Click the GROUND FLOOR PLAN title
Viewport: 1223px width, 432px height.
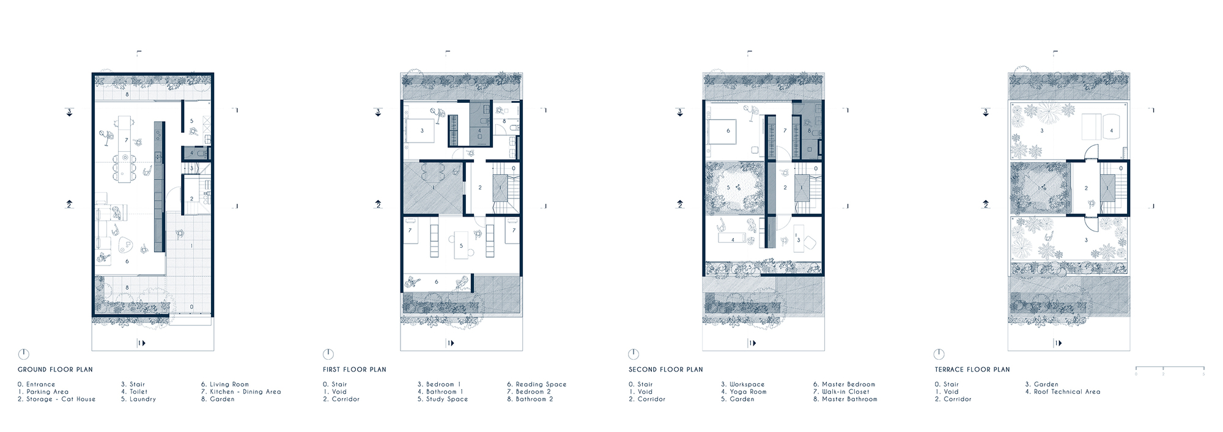point(55,370)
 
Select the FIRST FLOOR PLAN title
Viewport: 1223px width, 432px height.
point(355,370)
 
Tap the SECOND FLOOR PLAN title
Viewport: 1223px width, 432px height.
point(666,370)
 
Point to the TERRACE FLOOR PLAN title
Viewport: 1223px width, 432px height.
point(972,370)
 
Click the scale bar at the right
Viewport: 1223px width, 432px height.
point(1170,368)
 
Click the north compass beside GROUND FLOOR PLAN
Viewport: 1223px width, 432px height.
point(23,354)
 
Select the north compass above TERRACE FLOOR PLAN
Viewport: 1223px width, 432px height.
point(939,354)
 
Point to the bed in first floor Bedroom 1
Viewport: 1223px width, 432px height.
point(419,130)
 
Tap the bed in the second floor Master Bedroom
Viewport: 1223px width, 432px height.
point(721,130)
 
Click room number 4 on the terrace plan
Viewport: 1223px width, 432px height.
point(1111,130)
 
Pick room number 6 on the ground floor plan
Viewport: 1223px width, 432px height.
point(127,261)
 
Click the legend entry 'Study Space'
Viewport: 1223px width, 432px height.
point(446,399)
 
